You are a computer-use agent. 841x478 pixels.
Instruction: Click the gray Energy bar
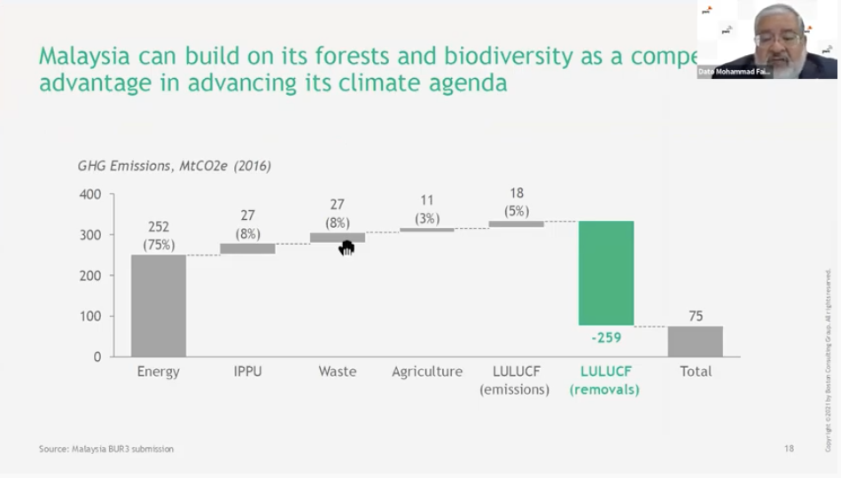click(159, 305)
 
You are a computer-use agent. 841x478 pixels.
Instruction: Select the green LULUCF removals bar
click(606, 273)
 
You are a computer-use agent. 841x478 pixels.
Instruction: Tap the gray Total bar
click(695, 341)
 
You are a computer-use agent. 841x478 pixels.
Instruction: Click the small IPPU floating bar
click(248, 249)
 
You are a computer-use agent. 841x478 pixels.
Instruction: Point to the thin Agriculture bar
click(426, 230)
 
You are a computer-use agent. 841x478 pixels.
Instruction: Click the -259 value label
click(606, 338)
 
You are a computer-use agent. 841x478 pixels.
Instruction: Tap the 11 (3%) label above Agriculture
click(427, 209)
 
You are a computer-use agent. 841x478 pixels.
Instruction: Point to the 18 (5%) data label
click(517, 202)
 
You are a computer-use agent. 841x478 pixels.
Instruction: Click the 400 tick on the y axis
click(91, 194)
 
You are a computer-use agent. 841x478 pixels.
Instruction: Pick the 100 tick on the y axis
click(91, 317)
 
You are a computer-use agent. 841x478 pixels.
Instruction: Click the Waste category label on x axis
click(337, 372)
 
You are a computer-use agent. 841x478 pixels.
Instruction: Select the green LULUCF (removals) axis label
click(605, 380)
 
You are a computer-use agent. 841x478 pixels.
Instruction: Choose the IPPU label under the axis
click(248, 372)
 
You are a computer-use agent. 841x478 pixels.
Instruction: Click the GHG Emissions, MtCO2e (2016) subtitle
click(175, 166)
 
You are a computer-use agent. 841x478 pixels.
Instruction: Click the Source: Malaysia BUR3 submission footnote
click(106, 449)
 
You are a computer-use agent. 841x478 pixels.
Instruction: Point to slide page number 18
click(789, 449)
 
